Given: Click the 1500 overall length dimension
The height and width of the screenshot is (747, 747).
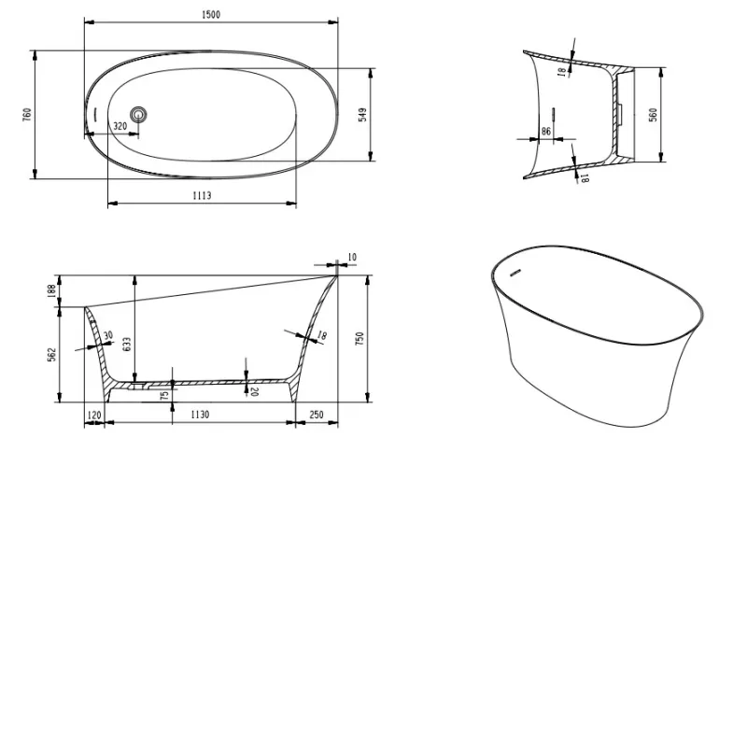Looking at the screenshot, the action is pos(211,15).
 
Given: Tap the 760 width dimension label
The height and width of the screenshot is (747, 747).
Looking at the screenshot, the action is pos(27,114).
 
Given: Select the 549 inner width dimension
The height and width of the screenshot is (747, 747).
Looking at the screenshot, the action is pos(362,115).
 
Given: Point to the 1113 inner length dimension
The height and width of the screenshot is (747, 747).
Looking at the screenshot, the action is pos(202,196).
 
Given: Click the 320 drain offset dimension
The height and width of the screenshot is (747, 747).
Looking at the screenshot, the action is pos(120,126).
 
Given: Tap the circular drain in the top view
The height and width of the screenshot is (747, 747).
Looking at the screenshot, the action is pos(138,114).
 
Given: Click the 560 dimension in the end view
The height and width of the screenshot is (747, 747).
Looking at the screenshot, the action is pos(653,115).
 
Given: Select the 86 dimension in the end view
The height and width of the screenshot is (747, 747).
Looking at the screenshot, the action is pos(546,132).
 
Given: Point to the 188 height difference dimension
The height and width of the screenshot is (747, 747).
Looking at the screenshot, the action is pos(52,290).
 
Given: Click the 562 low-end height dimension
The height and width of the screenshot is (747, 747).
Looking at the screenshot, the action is pos(52,355).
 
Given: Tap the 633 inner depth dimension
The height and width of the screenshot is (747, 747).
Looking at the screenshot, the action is pos(127,344).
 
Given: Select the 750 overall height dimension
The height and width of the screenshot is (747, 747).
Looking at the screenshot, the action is pos(359,338).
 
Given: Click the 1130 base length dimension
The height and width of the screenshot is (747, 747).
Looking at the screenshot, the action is pos(200,415).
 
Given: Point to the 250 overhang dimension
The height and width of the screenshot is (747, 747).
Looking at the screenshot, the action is pos(317,415).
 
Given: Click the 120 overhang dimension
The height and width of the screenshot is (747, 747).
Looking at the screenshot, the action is pos(94,415).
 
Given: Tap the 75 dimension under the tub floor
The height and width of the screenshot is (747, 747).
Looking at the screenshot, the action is pos(165,395).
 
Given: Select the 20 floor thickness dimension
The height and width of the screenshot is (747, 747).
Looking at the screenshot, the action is pos(254,391).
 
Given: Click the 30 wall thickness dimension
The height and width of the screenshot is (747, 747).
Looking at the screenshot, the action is pos(108,335).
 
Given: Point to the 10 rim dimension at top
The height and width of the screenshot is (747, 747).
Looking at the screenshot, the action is pos(352,258).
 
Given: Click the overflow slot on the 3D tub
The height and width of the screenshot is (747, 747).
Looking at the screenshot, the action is pos(515,273).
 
